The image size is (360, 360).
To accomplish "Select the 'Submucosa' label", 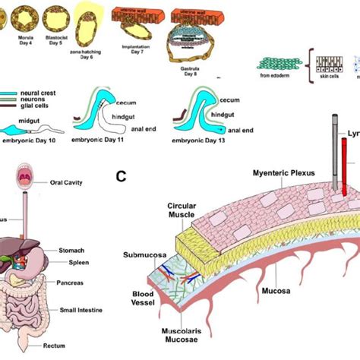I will [x=142, y=256].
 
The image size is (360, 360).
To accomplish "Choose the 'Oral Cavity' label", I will [x=66, y=182].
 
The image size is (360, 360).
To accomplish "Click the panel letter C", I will [x=120, y=178].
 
